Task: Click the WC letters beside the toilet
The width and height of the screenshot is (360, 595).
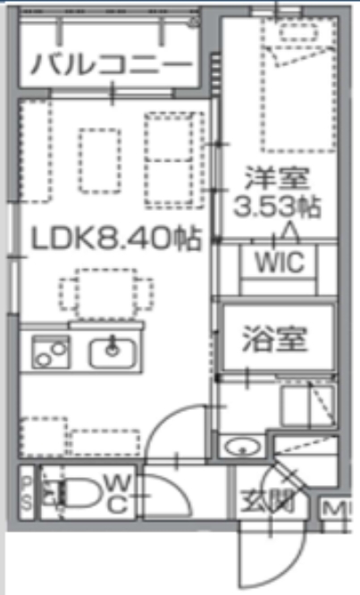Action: pos(116,494)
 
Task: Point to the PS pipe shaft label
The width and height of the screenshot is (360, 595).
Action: pos(27,493)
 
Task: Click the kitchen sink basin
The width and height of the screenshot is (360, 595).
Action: pos(112,351)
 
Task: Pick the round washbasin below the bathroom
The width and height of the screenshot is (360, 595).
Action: pos(239,447)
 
